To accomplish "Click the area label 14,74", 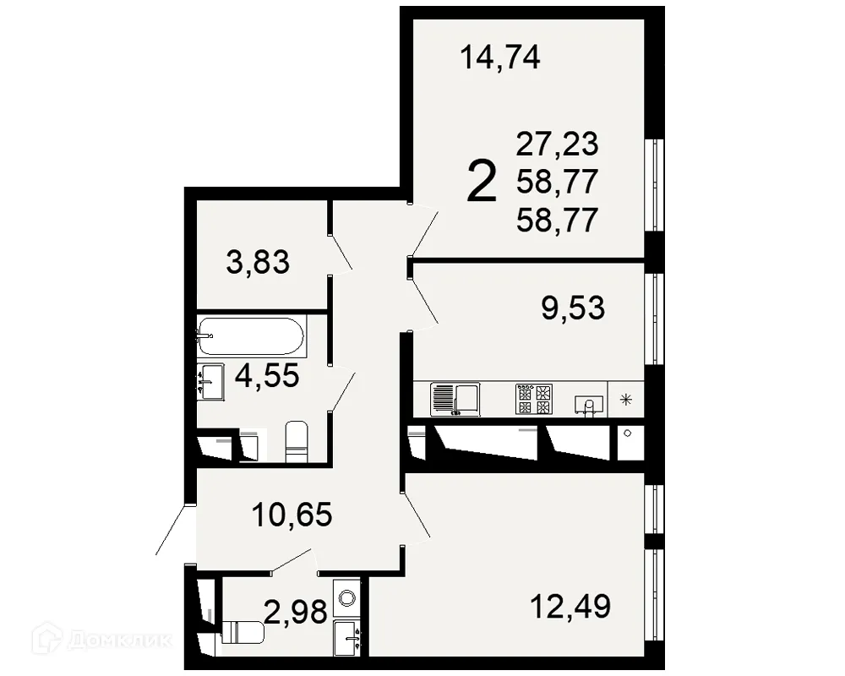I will pyautogui.click(x=499, y=58).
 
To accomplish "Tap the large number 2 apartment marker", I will pyautogui.click(x=482, y=183).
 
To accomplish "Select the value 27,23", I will pyautogui.click(x=557, y=144).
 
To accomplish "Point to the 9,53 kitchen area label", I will pyautogui.click(x=573, y=308).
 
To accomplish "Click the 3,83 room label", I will pyautogui.click(x=258, y=263).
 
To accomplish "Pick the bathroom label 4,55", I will pyautogui.click(x=267, y=376).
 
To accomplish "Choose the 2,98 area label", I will pyautogui.click(x=295, y=610).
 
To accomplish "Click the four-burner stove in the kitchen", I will pyautogui.click(x=533, y=399).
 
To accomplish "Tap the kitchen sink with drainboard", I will pyautogui.click(x=455, y=399).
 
